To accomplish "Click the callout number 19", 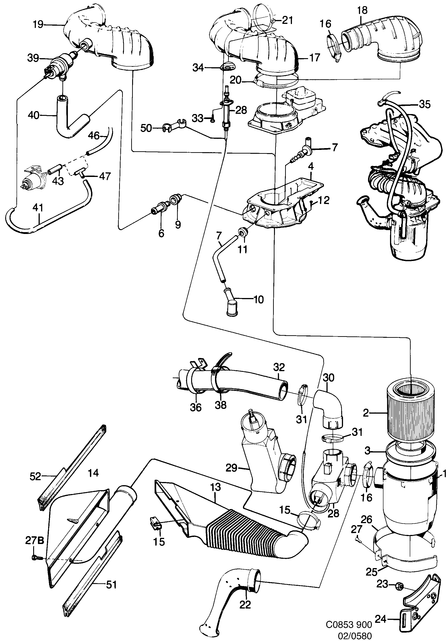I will [x=38, y=25].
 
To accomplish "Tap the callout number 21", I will [x=287, y=20].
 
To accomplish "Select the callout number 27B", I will [x=34, y=541].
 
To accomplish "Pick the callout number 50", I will [x=146, y=128].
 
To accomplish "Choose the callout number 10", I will [x=259, y=300].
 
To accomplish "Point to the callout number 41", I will [x=38, y=207].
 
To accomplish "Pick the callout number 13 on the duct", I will [x=216, y=487].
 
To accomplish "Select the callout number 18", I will [x=363, y=10].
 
